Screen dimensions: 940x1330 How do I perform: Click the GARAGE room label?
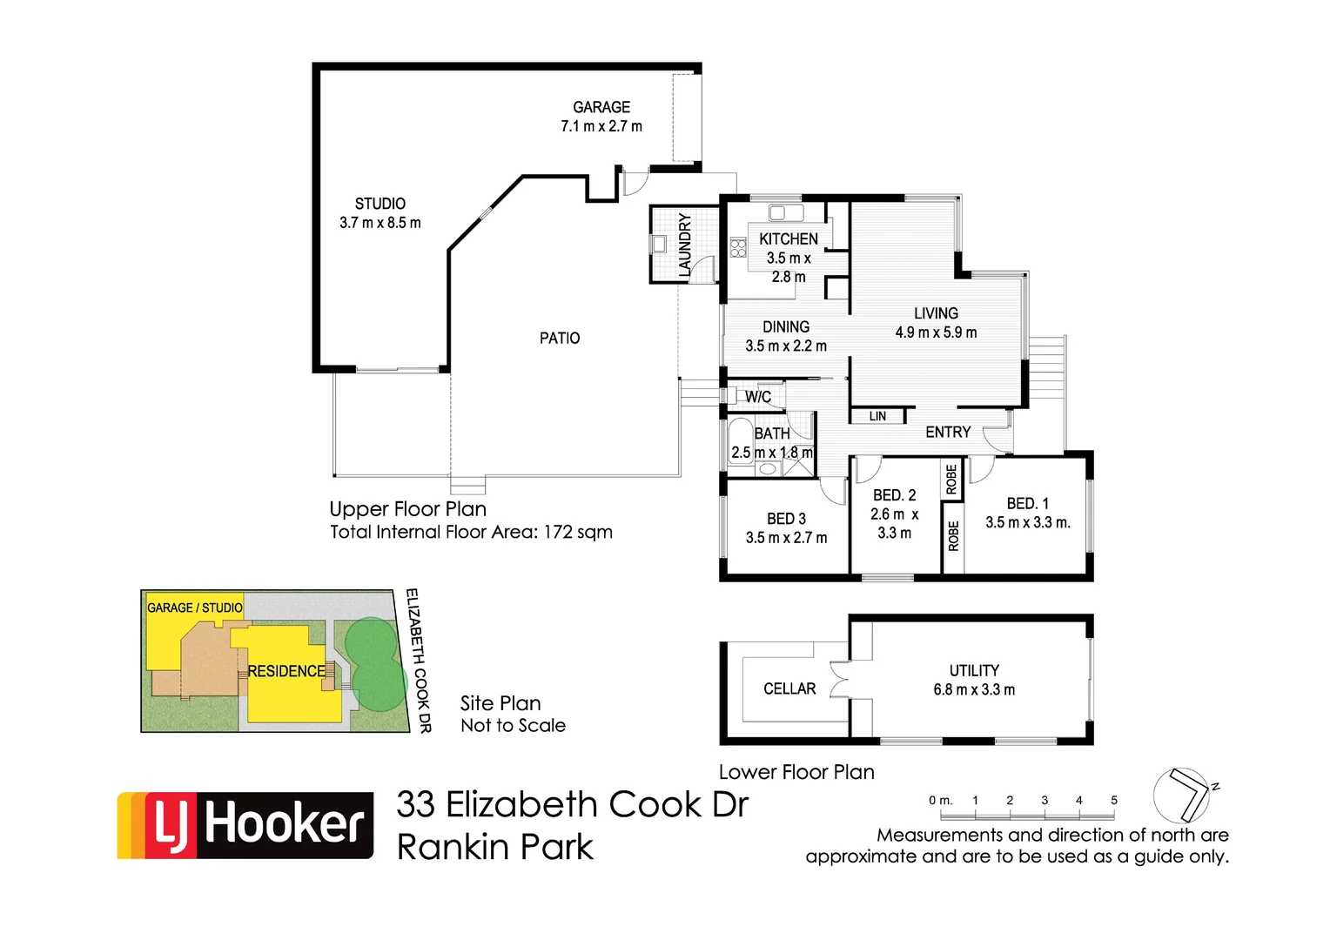click(x=601, y=107)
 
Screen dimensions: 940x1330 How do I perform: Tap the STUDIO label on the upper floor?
click(x=380, y=204)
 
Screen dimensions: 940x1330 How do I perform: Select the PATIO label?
click(x=560, y=338)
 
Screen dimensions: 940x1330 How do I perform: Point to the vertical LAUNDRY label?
click(x=685, y=245)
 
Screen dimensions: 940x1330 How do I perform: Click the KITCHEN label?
click(x=789, y=238)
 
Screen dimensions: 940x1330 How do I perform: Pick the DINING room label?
click(x=786, y=326)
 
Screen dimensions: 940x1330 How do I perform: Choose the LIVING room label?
click(x=936, y=313)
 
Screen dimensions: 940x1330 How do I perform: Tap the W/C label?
click(x=758, y=397)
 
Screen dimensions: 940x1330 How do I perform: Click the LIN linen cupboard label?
click(x=877, y=417)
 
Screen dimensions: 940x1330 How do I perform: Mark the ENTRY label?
click(x=948, y=432)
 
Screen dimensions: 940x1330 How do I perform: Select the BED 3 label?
click(x=786, y=519)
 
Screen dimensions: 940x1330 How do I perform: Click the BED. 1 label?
click(x=1028, y=503)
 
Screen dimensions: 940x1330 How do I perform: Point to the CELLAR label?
click(x=789, y=688)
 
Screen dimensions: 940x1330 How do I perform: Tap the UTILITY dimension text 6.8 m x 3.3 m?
click(x=974, y=690)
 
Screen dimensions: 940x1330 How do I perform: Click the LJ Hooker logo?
click(x=245, y=825)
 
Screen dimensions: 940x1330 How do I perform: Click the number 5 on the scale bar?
click(x=1114, y=800)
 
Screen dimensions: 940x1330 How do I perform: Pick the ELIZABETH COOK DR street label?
click(x=419, y=661)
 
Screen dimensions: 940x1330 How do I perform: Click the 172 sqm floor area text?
click(x=578, y=532)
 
